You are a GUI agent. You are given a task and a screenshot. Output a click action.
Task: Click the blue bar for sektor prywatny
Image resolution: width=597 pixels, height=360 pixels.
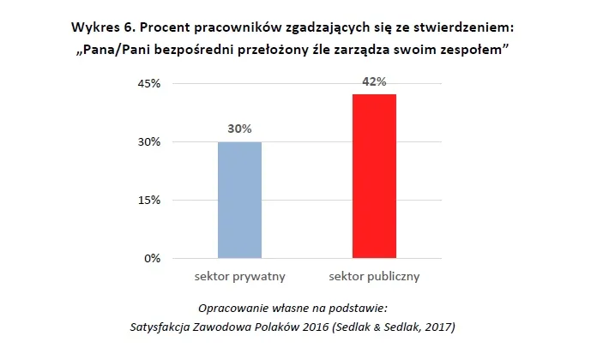(x=239, y=200)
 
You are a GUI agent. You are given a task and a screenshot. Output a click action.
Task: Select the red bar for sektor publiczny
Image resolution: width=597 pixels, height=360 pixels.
(x=375, y=176)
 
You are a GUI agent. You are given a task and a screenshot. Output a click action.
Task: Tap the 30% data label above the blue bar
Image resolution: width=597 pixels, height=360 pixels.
(x=239, y=129)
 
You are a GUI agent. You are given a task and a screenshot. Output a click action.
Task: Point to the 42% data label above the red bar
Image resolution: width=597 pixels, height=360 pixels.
(x=375, y=82)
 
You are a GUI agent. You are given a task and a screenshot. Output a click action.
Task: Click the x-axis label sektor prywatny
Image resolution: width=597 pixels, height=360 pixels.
(x=239, y=277)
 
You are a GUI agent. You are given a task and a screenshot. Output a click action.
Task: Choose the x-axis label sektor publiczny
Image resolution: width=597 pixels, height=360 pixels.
(x=375, y=277)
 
